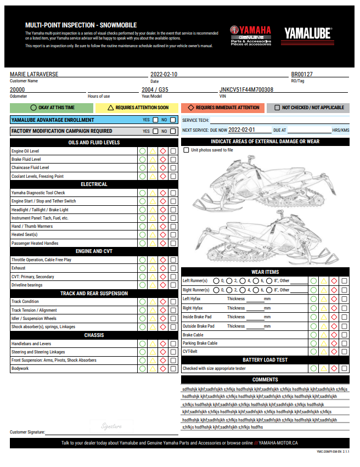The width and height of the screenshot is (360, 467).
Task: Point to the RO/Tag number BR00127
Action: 302,74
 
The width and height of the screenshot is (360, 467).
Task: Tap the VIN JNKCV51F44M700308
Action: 246,89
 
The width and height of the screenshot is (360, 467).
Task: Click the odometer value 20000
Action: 18,89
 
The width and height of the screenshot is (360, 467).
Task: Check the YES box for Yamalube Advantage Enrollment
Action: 156,120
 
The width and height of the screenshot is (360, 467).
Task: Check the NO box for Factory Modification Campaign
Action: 173,131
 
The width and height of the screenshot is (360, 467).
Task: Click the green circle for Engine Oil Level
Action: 142,151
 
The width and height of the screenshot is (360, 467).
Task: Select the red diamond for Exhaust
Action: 163,268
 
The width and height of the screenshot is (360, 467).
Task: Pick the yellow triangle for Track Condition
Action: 153,302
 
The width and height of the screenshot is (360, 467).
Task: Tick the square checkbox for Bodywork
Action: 173,369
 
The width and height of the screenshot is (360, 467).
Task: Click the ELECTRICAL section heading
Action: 94,184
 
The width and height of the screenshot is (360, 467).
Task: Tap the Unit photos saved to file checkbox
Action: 186,150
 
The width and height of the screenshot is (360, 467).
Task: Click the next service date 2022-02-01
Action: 241,131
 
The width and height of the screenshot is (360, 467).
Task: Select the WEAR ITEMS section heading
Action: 265,272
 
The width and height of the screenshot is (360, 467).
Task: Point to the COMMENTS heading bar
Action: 265,379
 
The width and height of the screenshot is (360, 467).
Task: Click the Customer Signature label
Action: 27,432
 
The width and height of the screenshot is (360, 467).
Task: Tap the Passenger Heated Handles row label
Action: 35,243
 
